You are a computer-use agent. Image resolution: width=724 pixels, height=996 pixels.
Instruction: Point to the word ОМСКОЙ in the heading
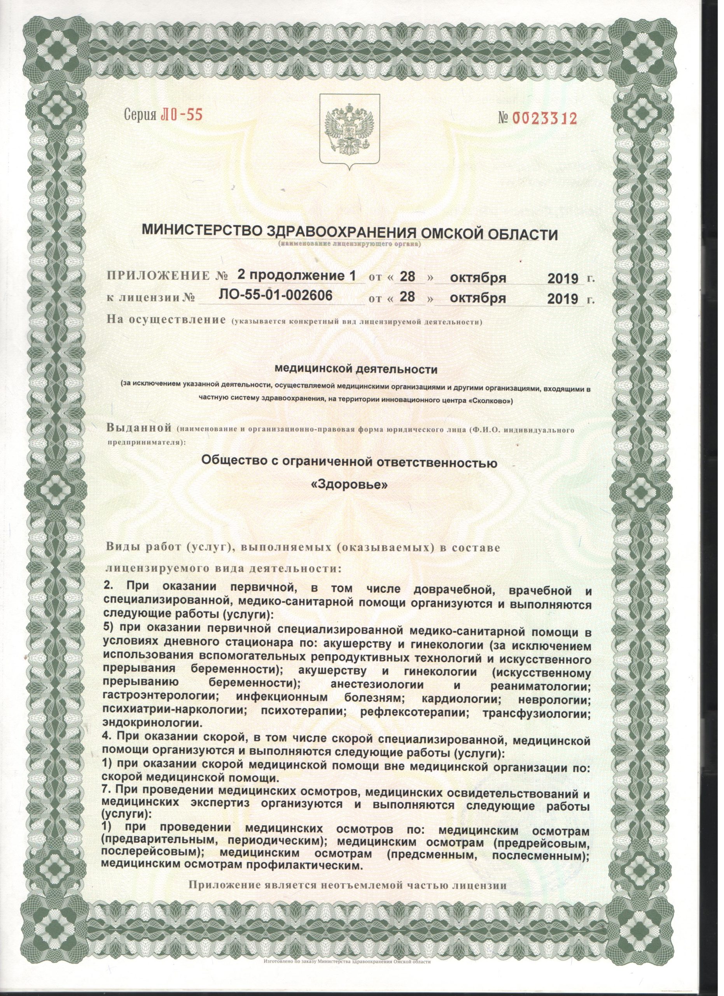click(468, 232)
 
